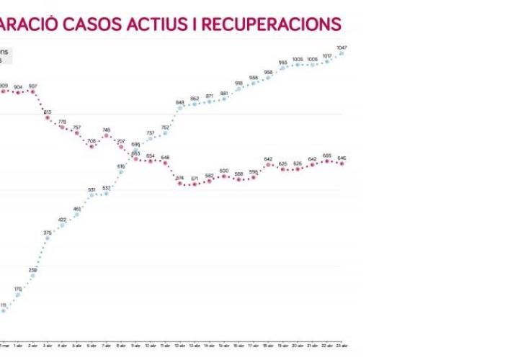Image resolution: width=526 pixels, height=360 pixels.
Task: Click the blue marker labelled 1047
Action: click(342, 53)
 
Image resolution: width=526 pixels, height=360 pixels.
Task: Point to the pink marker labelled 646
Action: click(342, 163)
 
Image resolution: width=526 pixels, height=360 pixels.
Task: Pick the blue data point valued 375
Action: click(48, 238)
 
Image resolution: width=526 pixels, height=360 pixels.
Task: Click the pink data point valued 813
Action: click(48, 117)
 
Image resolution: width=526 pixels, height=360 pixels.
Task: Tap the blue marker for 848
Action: click(180, 108)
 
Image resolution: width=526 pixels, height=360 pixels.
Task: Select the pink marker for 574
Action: click(180, 183)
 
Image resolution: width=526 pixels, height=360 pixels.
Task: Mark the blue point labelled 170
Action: click(18, 294)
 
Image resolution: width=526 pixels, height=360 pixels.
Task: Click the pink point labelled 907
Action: click(33, 91)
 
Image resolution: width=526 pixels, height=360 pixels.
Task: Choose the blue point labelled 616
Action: click(121, 171)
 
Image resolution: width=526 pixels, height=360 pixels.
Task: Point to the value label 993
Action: click(282, 63)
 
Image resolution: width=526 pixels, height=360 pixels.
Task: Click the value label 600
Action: click(224, 171)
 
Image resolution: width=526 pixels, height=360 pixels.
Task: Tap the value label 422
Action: click(62, 219)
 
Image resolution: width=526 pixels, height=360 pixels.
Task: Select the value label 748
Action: click(107, 130)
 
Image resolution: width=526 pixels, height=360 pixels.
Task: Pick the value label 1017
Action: click(327, 55)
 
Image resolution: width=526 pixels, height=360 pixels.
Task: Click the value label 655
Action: click(327, 155)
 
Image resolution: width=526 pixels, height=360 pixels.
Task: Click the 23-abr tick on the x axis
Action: click(342, 346)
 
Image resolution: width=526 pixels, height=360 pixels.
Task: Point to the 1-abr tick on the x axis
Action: click(18, 346)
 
